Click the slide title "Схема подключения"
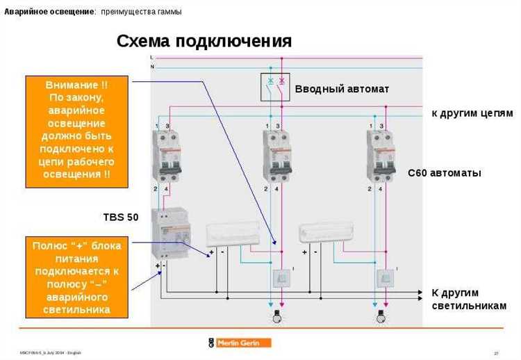coord(204,41)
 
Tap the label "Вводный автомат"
coord(342,89)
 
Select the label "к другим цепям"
coord(472,113)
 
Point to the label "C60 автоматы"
coord(444,172)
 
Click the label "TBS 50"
coord(120,217)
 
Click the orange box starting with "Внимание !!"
coord(77,132)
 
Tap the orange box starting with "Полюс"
coord(77,277)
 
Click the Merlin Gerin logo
coord(239,343)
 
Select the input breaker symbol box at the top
coord(274,86)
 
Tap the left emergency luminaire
coord(233,234)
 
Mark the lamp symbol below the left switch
coord(275,317)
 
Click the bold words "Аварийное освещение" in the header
coord(50,12)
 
